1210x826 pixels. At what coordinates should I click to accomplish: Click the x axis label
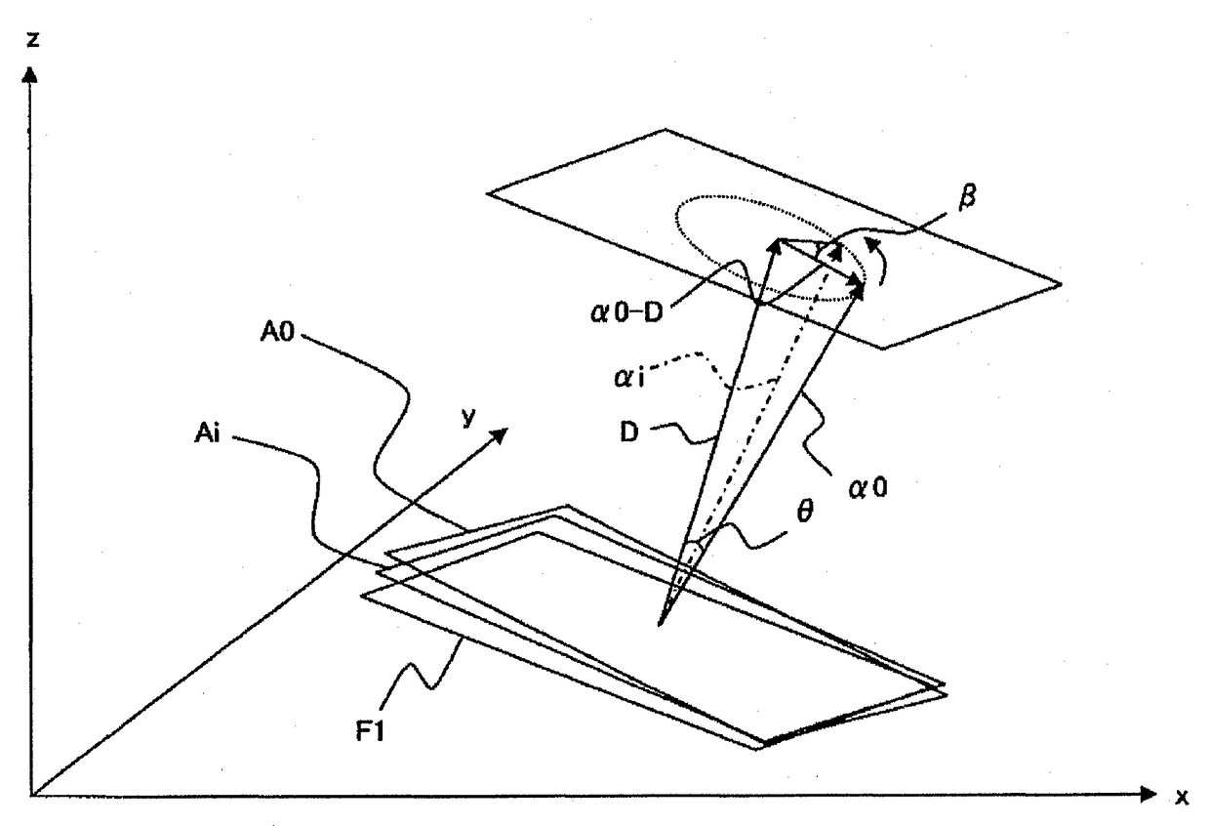pos(1182,798)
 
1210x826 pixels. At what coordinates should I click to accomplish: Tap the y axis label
pos(469,417)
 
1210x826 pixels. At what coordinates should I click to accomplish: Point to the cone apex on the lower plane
pos(662,622)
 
